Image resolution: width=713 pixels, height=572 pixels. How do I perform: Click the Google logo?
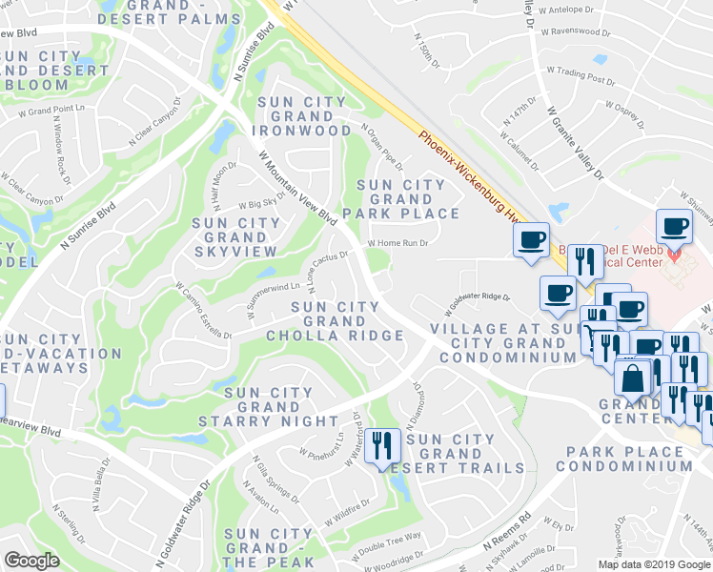[31, 561]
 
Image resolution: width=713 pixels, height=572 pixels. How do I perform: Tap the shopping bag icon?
[633, 378]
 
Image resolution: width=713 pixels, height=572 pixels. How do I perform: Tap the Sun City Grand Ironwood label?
[301, 115]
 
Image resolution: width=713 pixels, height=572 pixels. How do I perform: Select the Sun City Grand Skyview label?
[236, 236]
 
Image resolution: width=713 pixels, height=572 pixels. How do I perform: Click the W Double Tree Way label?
[387, 544]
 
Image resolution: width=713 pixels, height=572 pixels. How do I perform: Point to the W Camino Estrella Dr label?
[202, 309]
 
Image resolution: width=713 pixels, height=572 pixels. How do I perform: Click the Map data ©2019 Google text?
[654, 563]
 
